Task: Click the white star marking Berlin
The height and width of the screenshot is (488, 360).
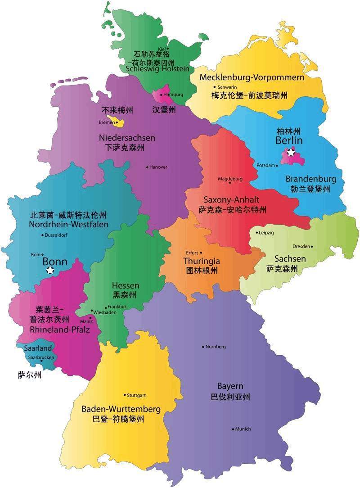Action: pos(291,153)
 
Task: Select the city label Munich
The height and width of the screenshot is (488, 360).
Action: pos(243,429)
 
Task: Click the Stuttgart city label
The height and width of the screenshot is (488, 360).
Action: pos(136,395)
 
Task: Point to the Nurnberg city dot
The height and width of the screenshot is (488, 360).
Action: pos(203,347)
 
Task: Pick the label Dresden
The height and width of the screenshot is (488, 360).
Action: pos(301,246)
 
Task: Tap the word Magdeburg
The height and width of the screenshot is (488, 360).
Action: pos(230,178)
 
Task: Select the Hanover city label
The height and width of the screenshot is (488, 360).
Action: pos(158,167)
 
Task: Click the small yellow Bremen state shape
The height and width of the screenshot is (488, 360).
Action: pos(120,122)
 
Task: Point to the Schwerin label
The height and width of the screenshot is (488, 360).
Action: pos(227,87)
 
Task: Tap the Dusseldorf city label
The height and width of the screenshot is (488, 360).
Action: pos(56,235)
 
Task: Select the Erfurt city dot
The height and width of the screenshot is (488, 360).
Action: pos(201,253)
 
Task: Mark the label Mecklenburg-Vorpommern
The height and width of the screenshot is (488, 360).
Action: pos(252,77)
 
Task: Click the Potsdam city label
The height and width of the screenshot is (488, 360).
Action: pos(265,165)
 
